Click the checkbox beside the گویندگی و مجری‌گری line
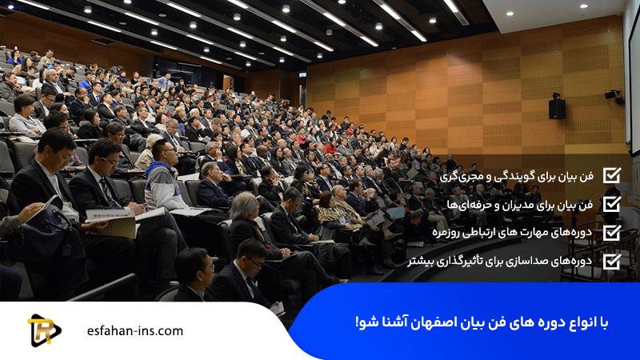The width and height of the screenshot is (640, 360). pos(611,175)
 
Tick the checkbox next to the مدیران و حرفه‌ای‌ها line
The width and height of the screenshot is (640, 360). pos(611,204)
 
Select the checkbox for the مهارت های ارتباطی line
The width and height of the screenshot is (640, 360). pos(611,233)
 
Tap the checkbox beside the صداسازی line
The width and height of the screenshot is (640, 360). pos(611,261)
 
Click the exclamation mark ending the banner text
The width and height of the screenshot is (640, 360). pos(358,322)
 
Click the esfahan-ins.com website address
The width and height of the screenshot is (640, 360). pos(134,330)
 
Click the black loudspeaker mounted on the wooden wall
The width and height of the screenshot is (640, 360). pos(557,108)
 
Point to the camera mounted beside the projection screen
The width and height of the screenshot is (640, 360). pos(613,95)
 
